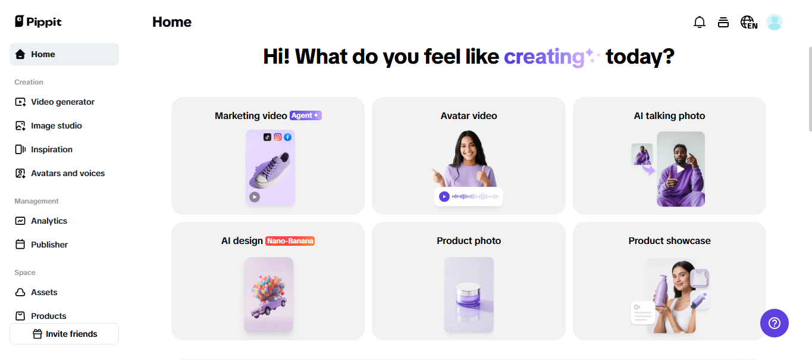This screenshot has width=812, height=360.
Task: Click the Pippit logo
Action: (x=38, y=22)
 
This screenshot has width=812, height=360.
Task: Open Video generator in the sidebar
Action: (x=54, y=102)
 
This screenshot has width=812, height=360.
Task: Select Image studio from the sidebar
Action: (x=48, y=126)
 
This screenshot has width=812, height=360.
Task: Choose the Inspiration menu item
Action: (x=43, y=149)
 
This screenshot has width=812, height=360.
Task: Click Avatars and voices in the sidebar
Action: (x=60, y=173)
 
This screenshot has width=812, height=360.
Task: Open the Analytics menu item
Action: (x=41, y=221)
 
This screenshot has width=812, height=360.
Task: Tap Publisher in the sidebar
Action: (x=41, y=245)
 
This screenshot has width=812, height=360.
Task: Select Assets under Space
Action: (x=36, y=292)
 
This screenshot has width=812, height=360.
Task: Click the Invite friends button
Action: (x=64, y=334)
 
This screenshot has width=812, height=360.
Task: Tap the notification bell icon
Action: (x=699, y=22)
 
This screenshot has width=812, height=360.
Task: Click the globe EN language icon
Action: (x=748, y=22)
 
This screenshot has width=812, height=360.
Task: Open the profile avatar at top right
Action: (x=775, y=22)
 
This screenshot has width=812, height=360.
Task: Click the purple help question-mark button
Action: (x=775, y=323)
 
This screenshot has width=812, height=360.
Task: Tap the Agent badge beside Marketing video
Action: (x=306, y=115)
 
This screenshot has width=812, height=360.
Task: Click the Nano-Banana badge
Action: (x=290, y=241)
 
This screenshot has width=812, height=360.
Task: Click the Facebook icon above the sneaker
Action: (x=287, y=137)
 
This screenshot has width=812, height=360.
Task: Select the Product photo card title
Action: (x=469, y=241)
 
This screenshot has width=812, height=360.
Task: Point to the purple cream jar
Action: (x=468, y=295)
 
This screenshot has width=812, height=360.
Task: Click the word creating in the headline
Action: (x=544, y=57)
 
